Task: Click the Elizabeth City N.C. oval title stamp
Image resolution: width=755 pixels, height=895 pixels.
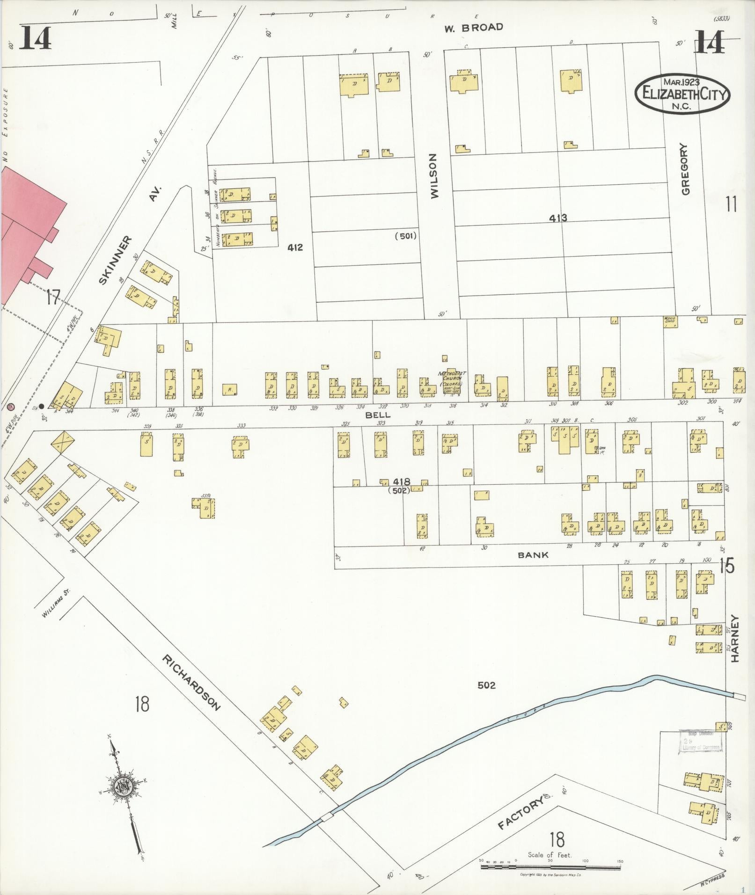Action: coord(682,93)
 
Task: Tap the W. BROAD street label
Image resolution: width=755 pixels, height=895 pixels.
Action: coord(473,28)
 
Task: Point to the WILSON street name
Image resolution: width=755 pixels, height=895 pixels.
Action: coord(434,176)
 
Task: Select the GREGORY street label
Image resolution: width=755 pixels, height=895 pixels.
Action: coord(686,169)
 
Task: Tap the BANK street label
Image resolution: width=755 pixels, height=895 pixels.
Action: coord(533,555)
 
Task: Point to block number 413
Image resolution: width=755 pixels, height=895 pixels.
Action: coord(558,218)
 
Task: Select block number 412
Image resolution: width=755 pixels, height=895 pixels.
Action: coord(295,247)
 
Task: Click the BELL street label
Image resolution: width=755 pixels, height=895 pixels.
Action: coord(378,415)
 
